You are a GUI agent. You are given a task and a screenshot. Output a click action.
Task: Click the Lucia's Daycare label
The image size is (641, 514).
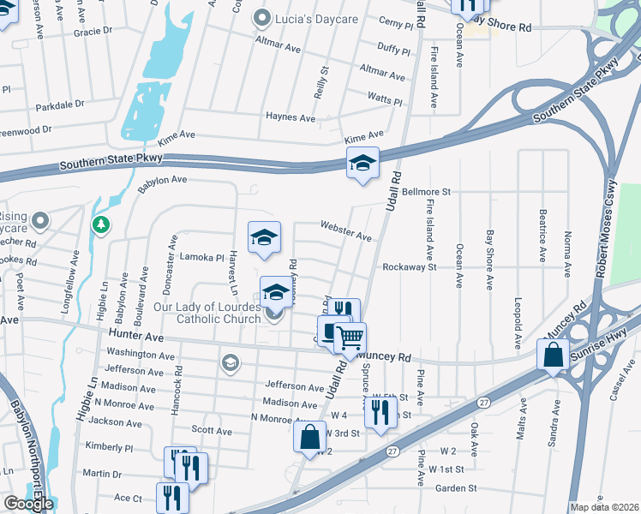click(311, 17)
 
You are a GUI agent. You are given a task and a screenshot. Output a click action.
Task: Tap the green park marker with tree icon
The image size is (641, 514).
click(101, 224)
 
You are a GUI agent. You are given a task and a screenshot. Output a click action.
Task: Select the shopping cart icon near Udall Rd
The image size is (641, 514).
click(350, 338)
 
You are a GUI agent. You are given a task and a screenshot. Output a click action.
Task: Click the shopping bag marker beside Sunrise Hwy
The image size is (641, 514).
click(554, 355)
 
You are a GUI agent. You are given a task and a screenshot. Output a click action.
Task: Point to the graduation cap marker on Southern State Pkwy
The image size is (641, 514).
click(362, 163)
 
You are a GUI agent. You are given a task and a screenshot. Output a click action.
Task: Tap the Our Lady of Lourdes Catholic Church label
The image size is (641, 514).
click(207, 314)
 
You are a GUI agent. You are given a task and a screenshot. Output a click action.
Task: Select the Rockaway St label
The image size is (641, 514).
click(410, 266)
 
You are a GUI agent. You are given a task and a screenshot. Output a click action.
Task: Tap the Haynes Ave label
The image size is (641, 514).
click(291, 117)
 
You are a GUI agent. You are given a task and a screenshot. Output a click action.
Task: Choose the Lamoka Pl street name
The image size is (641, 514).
click(201, 256)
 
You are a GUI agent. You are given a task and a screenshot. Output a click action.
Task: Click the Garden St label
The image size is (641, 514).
click(455, 488)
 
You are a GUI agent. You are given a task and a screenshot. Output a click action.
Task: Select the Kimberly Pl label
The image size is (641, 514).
click(110, 447)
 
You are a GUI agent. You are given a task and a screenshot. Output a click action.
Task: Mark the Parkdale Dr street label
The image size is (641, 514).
click(60, 105)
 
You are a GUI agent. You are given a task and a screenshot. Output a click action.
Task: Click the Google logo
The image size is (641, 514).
click(28, 504)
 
